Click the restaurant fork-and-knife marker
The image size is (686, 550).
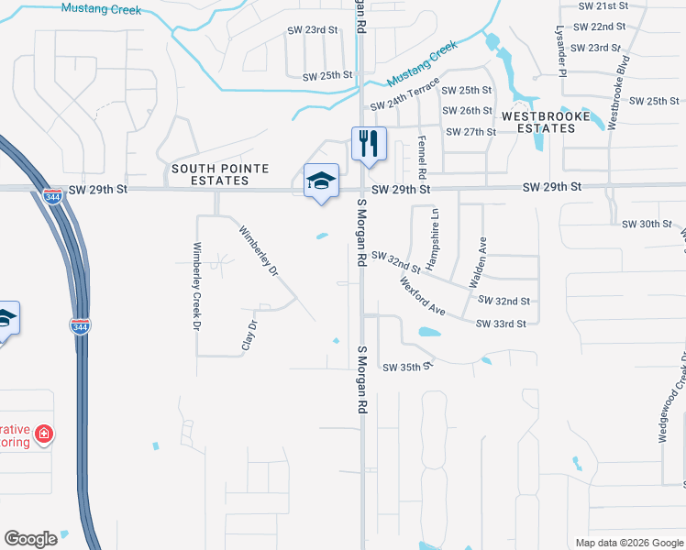[x=369, y=144]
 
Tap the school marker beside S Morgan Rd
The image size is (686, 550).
[x=322, y=181]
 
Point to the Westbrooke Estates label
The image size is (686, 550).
[x=538, y=123]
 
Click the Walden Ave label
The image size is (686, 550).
[x=479, y=262]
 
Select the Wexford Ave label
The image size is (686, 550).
[x=423, y=297]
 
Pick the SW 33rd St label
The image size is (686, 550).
[x=501, y=324]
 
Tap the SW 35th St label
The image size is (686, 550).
[x=406, y=367]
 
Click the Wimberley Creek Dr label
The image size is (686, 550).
[x=196, y=285]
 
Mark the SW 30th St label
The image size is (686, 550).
[x=647, y=224]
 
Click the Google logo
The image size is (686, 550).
[x=31, y=539]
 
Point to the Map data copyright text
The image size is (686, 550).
[x=627, y=542]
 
